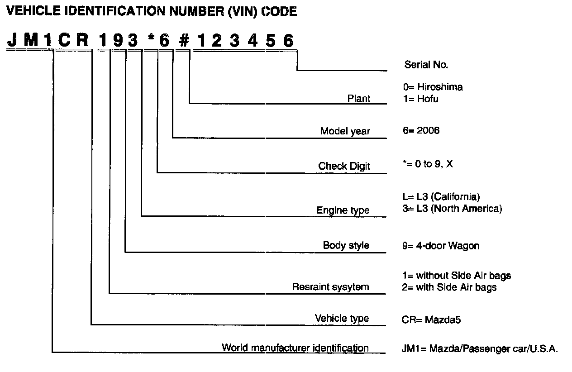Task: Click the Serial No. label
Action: tap(426, 65)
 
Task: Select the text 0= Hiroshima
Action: tap(433, 87)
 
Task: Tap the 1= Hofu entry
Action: tap(420, 98)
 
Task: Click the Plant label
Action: tap(358, 98)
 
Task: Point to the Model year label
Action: tap(345, 131)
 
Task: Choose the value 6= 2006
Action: tap(420, 130)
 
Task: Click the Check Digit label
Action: tap(344, 166)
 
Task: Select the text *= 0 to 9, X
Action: tap(427, 164)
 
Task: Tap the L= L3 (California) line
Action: tap(440, 197)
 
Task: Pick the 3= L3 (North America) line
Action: tap(452, 209)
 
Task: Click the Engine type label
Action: tap(343, 210)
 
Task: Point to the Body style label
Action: tap(346, 245)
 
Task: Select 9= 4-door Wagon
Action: tap(440, 246)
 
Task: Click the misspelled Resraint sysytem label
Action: tap(330, 287)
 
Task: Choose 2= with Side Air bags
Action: tap(449, 287)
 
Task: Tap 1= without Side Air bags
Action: tap(456, 276)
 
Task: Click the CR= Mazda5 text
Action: tap(431, 320)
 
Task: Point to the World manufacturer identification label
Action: tap(295, 348)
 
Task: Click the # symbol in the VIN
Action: tap(183, 41)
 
